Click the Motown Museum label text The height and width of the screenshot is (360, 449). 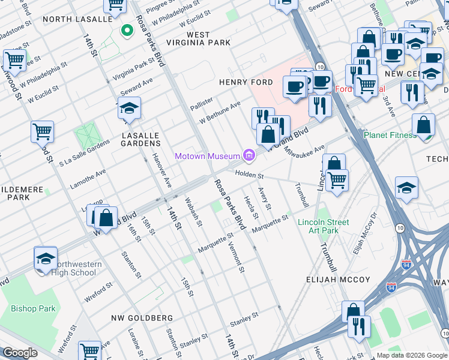(x=207, y=157)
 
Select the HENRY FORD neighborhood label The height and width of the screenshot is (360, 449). (x=246, y=82)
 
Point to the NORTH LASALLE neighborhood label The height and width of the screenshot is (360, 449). (x=77, y=19)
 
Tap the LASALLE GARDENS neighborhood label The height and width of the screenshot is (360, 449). (x=141, y=139)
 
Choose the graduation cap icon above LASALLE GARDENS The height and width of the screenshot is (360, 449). (x=129, y=109)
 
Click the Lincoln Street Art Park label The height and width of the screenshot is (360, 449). (x=322, y=226)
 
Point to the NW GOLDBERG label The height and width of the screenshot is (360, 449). (x=142, y=317)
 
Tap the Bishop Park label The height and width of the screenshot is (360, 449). (x=33, y=309)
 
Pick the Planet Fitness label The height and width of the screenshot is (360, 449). (x=390, y=135)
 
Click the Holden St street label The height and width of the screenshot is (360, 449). (x=249, y=175)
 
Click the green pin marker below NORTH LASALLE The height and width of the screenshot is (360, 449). (x=127, y=30)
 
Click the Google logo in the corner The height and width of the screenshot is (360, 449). (x=20, y=353)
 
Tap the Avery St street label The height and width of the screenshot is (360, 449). (x=265, y=197)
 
